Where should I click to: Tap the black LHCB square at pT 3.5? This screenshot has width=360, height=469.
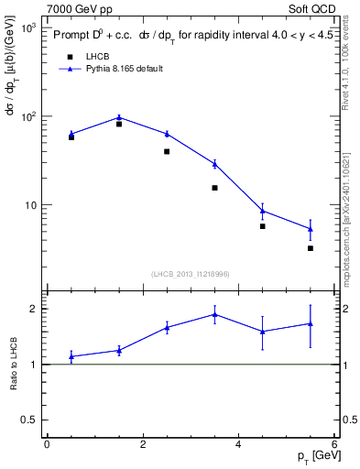[x=214, y=188]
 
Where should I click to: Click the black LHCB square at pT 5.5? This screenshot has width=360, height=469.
[x=311, y=248]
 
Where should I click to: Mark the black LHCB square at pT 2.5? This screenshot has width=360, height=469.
[x=167, y=151]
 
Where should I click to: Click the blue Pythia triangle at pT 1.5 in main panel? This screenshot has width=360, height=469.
[x=119, y=117]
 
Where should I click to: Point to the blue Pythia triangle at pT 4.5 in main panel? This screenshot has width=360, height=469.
[x=263, y=211]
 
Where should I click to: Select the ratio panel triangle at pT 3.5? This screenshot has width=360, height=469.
[x=214, y=314]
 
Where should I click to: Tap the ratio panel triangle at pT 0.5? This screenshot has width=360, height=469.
[x=71, y=356]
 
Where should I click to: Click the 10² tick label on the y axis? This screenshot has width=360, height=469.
[x=27, y=116]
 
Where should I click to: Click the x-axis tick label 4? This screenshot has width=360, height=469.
[x=238, y=444]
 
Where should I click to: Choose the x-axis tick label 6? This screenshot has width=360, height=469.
[x=334, y=444]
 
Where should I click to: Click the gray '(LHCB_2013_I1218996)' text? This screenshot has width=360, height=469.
[x=190, y=274]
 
